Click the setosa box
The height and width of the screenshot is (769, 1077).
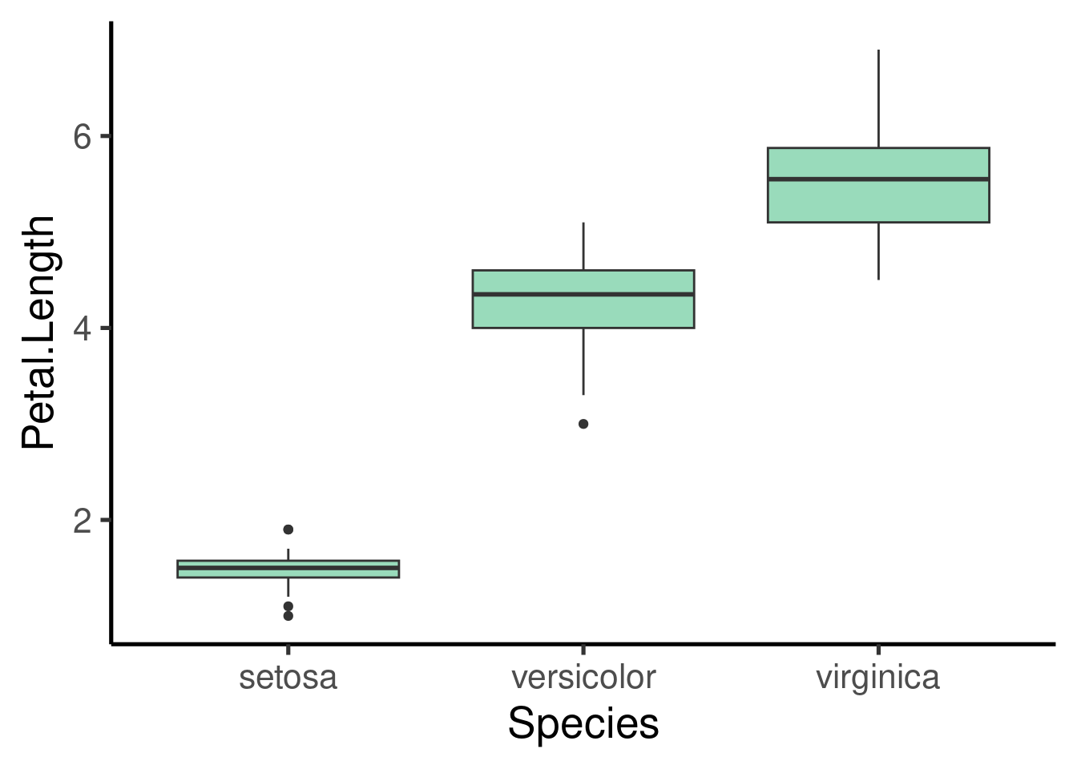[x=288, y=569]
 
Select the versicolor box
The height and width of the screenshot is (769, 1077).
[x=583, y=299]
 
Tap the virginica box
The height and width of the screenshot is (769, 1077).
[x=878, y=185]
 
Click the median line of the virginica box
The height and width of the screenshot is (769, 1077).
[x=878, y=179]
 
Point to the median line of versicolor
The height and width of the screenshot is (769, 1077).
[x=583, y=294]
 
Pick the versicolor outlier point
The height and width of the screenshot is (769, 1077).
[x=583, y=424]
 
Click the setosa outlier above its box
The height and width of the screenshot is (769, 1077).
[x=288, y=529]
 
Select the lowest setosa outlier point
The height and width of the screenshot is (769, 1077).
[x=288, y=616]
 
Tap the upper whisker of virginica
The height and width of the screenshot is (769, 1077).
[x=878, y=99]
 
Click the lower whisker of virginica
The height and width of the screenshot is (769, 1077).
[x=878, y=252]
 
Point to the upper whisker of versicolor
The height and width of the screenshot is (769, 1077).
[x=583, y=246]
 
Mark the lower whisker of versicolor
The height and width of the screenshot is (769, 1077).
[x=583, y=361]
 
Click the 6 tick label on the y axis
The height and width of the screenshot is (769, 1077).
[x=83, y=136]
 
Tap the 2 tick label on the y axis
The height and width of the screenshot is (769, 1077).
[x=83, y=521]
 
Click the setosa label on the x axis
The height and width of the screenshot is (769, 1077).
[x=288, y=678]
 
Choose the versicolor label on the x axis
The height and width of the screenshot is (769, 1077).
[x=583, y=678]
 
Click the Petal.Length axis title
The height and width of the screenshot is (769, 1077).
[x=38, y=332]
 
